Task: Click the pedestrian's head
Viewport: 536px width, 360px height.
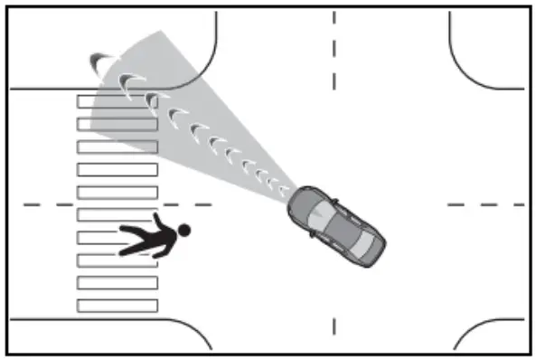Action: [x=183, y=231]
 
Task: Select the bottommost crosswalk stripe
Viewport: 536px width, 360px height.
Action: [x=118, y=306]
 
